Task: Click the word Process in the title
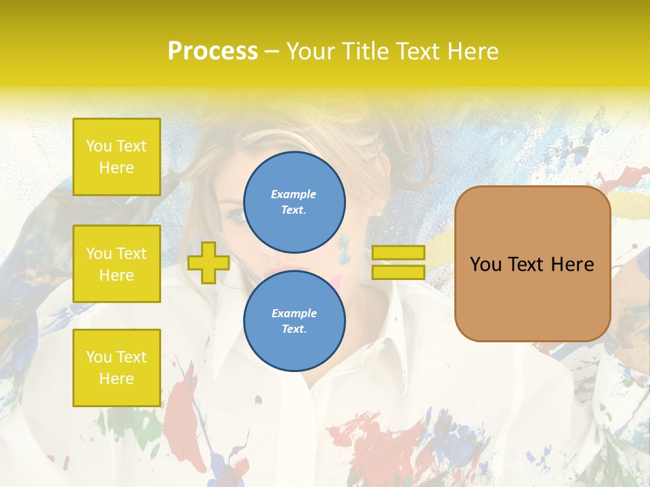point(213,51)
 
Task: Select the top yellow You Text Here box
point(116,157)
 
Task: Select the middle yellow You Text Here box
point(116,264)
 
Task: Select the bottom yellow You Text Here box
point(116,367)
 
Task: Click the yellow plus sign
point(208,262)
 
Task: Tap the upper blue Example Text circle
point(295,202)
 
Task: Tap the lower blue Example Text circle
point(295,321)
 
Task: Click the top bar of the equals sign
point(398,252)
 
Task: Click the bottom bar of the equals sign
point(398,272)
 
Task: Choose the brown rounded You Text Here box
point(532,264)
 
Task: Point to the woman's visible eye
point(236,215)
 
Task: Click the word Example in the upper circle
point(293,194)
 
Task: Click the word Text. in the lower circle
point(294,329)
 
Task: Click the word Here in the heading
point(473,51)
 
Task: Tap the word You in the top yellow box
point(99,146)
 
